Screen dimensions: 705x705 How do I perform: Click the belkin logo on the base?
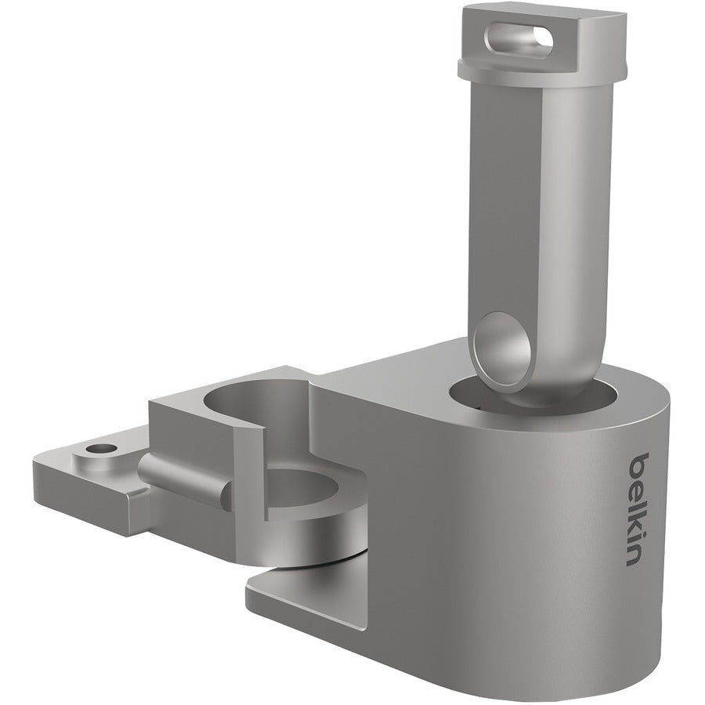tap(641, 508)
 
